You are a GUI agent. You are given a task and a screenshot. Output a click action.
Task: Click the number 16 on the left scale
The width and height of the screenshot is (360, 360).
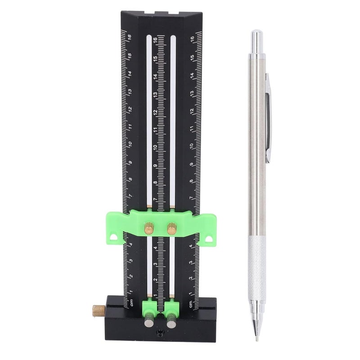pyautogui.click(x=129, y=38)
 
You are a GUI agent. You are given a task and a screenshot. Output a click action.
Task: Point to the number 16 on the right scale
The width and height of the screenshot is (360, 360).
pyautogui.click(x=192, y=39)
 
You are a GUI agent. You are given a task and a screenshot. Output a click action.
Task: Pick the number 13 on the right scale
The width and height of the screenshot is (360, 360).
pyautogui.click(x=192, y=94)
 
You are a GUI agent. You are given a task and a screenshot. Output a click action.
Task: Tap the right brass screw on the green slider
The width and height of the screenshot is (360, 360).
pyautogui.click(x=171, y=229)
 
